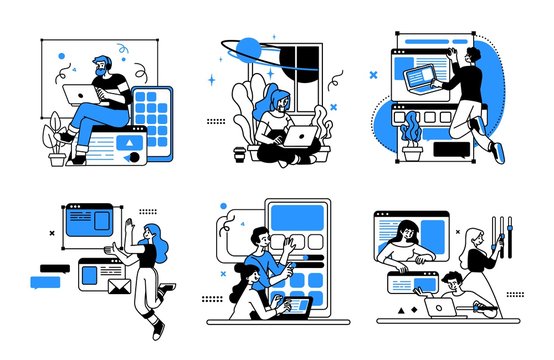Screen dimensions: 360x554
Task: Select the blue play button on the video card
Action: tap(127, 144)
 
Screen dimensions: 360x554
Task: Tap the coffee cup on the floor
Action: tap(238, 154)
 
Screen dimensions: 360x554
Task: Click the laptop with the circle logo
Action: tap(441, 308)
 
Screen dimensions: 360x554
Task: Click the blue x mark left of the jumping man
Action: tap(373, 74)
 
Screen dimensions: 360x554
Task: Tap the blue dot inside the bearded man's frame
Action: tap(62, 56)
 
